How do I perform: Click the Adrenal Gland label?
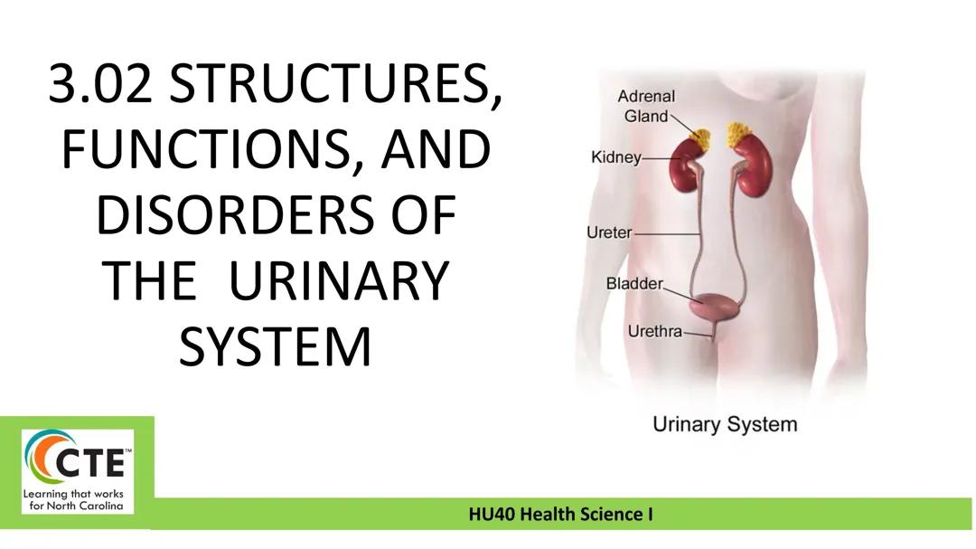click(x=646, y=106)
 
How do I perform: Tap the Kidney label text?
click(x=615, y=157)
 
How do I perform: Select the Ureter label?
click(x=609, y=232)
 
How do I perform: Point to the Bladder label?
click(x=633, y=284)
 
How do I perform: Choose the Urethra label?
click(x=655, y=332)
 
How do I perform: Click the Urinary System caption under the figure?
click(x=725, y=424)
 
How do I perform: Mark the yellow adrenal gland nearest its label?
click(x=699, y=139)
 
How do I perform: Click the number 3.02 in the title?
click(x=102, y=86)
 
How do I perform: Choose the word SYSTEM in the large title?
click(x=275, y=346)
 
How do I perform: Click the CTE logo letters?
click(x=93, y=462)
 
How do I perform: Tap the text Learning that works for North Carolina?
click(x=73, y=499)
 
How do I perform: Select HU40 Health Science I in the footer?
click(x=560, y=515)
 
